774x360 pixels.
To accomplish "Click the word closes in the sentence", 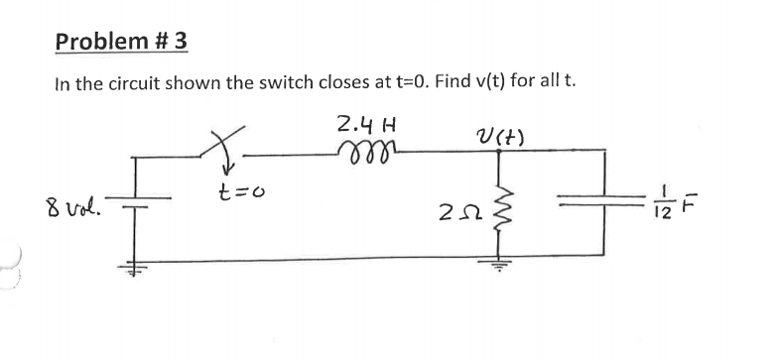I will click(309, 82).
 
